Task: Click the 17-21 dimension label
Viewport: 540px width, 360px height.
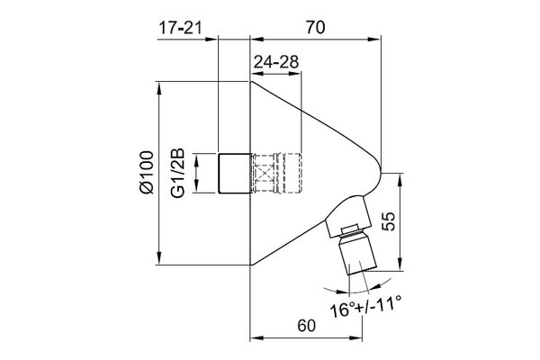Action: pyautogui.click(x=180, y=28)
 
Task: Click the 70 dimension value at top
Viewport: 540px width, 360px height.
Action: pyautogui.click(x=315, y=28)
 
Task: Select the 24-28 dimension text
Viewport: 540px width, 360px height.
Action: pyautogui.click(x=276, y=62)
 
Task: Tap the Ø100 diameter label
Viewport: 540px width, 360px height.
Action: pyautogui.click(x=147, y=172)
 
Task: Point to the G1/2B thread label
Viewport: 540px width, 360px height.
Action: pyautogui.click(x=178, y=173)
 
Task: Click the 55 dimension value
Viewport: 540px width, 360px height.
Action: pyautogui.click(x=389, y=220)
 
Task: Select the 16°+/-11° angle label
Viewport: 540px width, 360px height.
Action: pyautogui.click(x=365, y=309)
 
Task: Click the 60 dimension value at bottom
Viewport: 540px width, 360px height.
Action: pyautogui.click(x=306, y=325)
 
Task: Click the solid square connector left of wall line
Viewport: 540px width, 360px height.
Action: pyautogui.click(x=234, y=173)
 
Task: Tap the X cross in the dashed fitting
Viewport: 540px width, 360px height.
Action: pyautogui.click(x=263, y=173)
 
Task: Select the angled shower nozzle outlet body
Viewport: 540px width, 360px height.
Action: pyautogui.click(x=357, y=254)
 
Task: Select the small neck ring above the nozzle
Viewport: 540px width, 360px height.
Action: pyautogui.click(x=352, y=230)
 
